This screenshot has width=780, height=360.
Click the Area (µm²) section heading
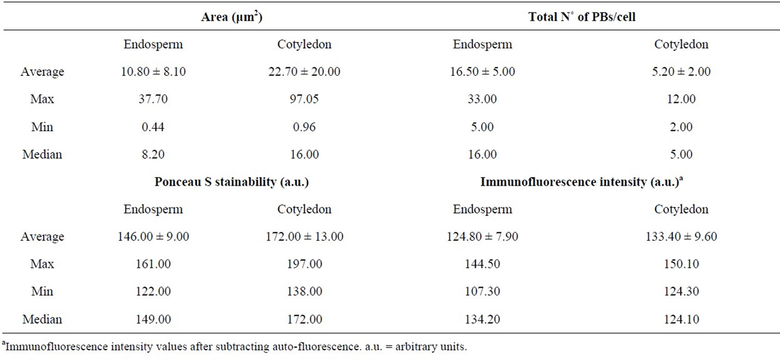(231, 17)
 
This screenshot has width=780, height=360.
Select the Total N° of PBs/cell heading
(582, 17)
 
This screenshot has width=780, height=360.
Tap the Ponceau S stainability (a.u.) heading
(231, 182)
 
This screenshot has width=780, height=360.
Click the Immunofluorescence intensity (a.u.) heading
(581, 182)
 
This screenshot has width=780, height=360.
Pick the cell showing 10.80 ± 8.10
(153, 72)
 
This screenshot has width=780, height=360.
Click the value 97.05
(304, 99)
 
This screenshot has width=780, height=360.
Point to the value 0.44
(153, 127)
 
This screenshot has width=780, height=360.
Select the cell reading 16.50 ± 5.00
(483, 72)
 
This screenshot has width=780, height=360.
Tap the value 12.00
(681, 99)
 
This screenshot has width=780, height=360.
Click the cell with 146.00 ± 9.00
(153, 237)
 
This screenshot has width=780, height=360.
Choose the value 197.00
(304, 264)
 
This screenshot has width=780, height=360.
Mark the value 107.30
(482, 291)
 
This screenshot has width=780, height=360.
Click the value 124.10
(681, 320)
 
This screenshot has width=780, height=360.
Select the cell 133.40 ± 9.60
(681, 237)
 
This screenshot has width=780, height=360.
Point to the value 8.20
(153, 155)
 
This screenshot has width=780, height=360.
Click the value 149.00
(153, 320)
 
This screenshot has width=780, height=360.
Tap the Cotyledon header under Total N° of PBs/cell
(681, 45)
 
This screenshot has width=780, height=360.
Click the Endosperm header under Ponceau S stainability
(153, 210)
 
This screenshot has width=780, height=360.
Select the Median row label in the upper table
(42, 155)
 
